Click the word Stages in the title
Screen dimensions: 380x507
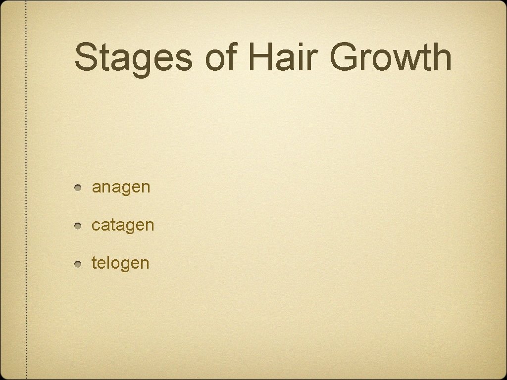click(x=133, y=57)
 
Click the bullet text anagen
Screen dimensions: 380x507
click(x=121, y=188)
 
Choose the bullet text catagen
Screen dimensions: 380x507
click(x=123, y=225)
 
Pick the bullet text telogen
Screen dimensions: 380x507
click(x=120, y=263)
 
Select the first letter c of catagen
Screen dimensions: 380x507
click(x=96, y=226)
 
